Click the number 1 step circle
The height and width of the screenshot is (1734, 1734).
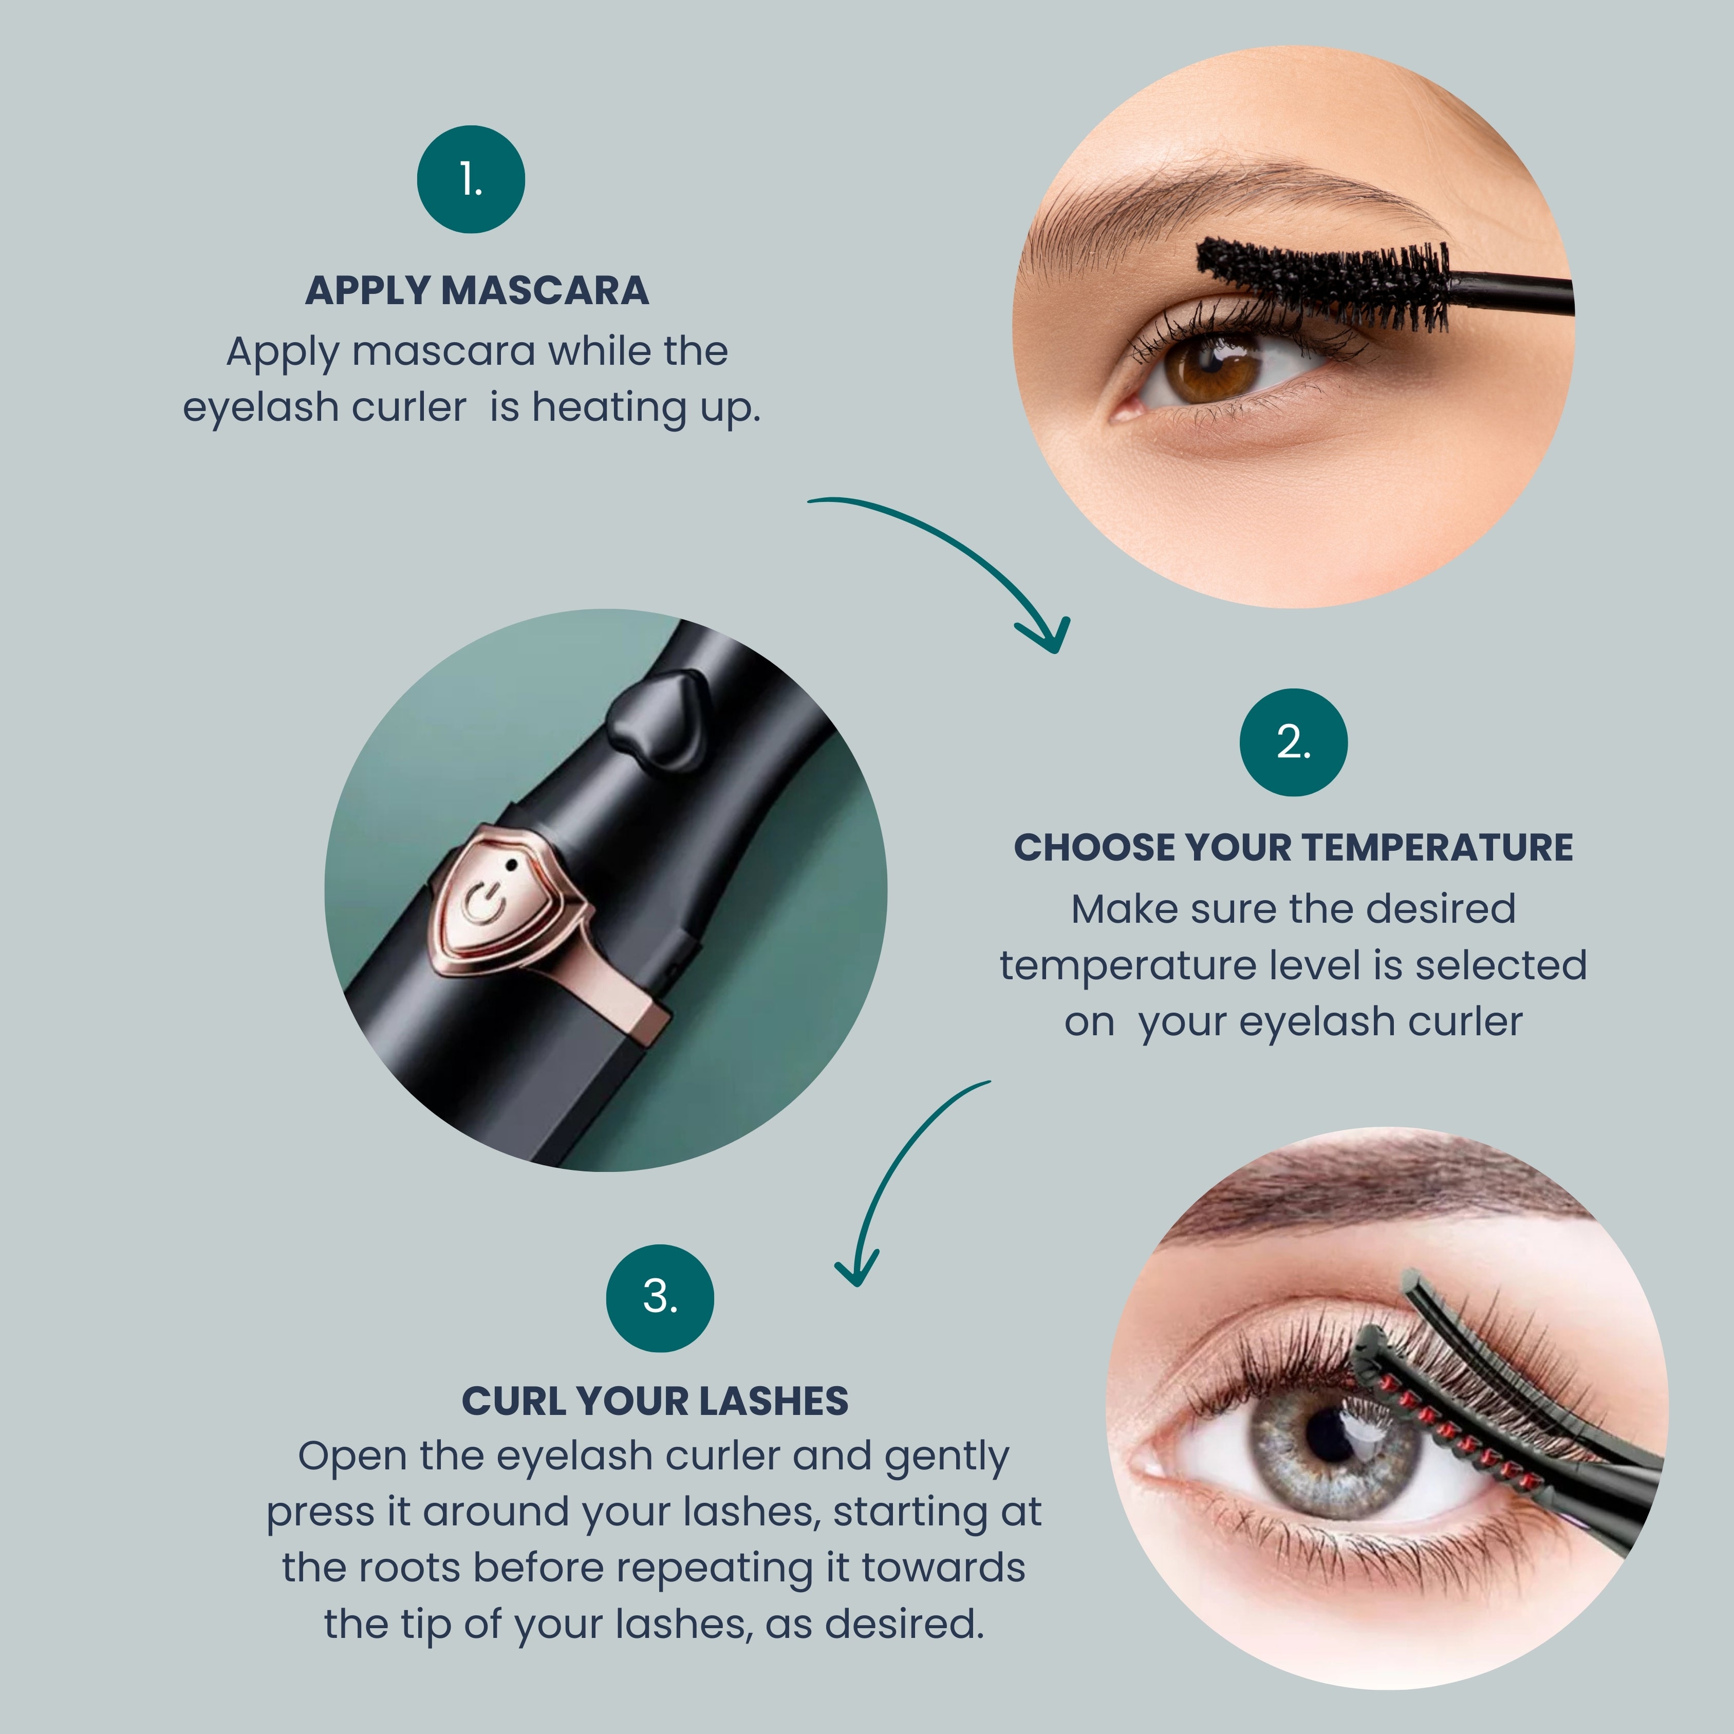(x=471, y=179)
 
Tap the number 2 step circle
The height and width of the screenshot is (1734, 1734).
(x=1293, y=742)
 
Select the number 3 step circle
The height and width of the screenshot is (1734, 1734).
(x=661, y=1298)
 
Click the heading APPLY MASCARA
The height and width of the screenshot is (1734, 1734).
(x=477, y=291)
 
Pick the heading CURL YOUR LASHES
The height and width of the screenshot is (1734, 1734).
(x=655, y=1401)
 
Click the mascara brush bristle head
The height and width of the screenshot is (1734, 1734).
(x=1324, y=283)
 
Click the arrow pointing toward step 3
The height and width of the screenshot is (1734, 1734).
(x=888, y=1167)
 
